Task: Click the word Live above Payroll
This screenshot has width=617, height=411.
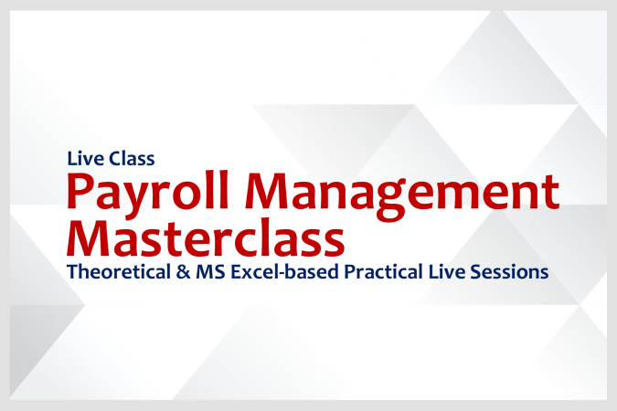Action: pos(84,158)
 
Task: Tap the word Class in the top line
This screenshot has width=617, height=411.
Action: pos(132,158)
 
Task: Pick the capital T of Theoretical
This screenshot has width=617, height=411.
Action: pos(72,271)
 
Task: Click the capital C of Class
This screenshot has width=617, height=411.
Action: pos(114,158)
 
